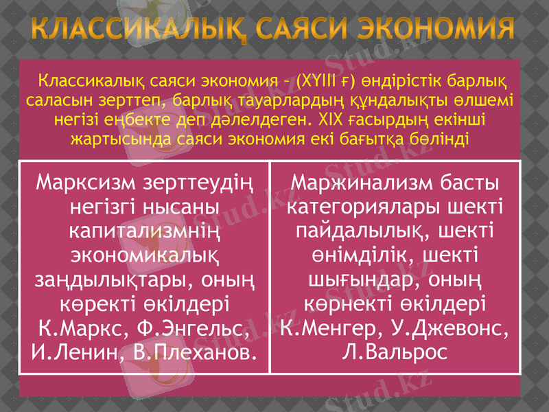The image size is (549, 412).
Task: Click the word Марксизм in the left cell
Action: pos(86,183)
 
